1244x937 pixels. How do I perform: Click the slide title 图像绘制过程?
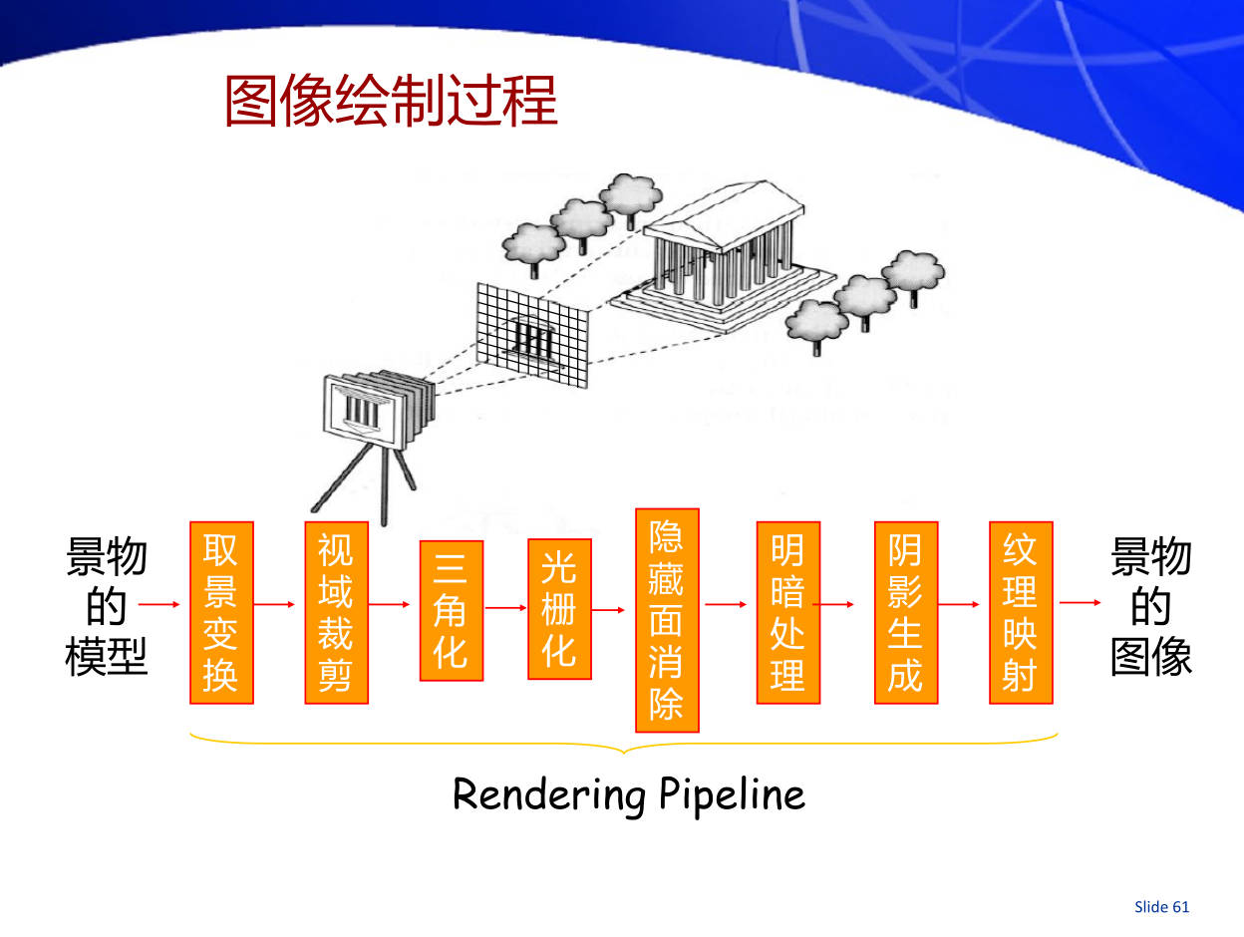pos(391,101)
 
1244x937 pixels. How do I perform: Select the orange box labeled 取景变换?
pos(221,612)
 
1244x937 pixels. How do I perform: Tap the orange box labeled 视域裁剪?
pos(336,612)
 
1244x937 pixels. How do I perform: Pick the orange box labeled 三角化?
pos(451,610)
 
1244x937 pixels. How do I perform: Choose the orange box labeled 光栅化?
pos(559,608)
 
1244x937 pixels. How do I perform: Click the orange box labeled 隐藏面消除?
pos(667,620)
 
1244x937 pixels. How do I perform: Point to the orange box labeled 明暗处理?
pos(787,612)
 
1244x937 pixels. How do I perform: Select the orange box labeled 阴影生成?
pos(905,612)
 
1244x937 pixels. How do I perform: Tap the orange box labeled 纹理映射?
pos(1020,612)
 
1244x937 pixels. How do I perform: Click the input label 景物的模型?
pos(106,606)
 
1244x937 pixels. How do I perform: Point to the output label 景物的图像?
pos(1151,606)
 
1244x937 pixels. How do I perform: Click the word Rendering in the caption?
pos(549,795)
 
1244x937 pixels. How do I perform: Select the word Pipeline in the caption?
pos(732,795)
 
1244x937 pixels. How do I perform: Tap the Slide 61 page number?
pos(1161,906)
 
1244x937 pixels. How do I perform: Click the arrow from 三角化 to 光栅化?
pos(505,605)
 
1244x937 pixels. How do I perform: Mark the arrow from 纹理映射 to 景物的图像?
pos(1080,603)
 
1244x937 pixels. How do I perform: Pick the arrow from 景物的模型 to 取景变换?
pos(159,604)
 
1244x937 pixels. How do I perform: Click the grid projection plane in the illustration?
pos(531,334)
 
